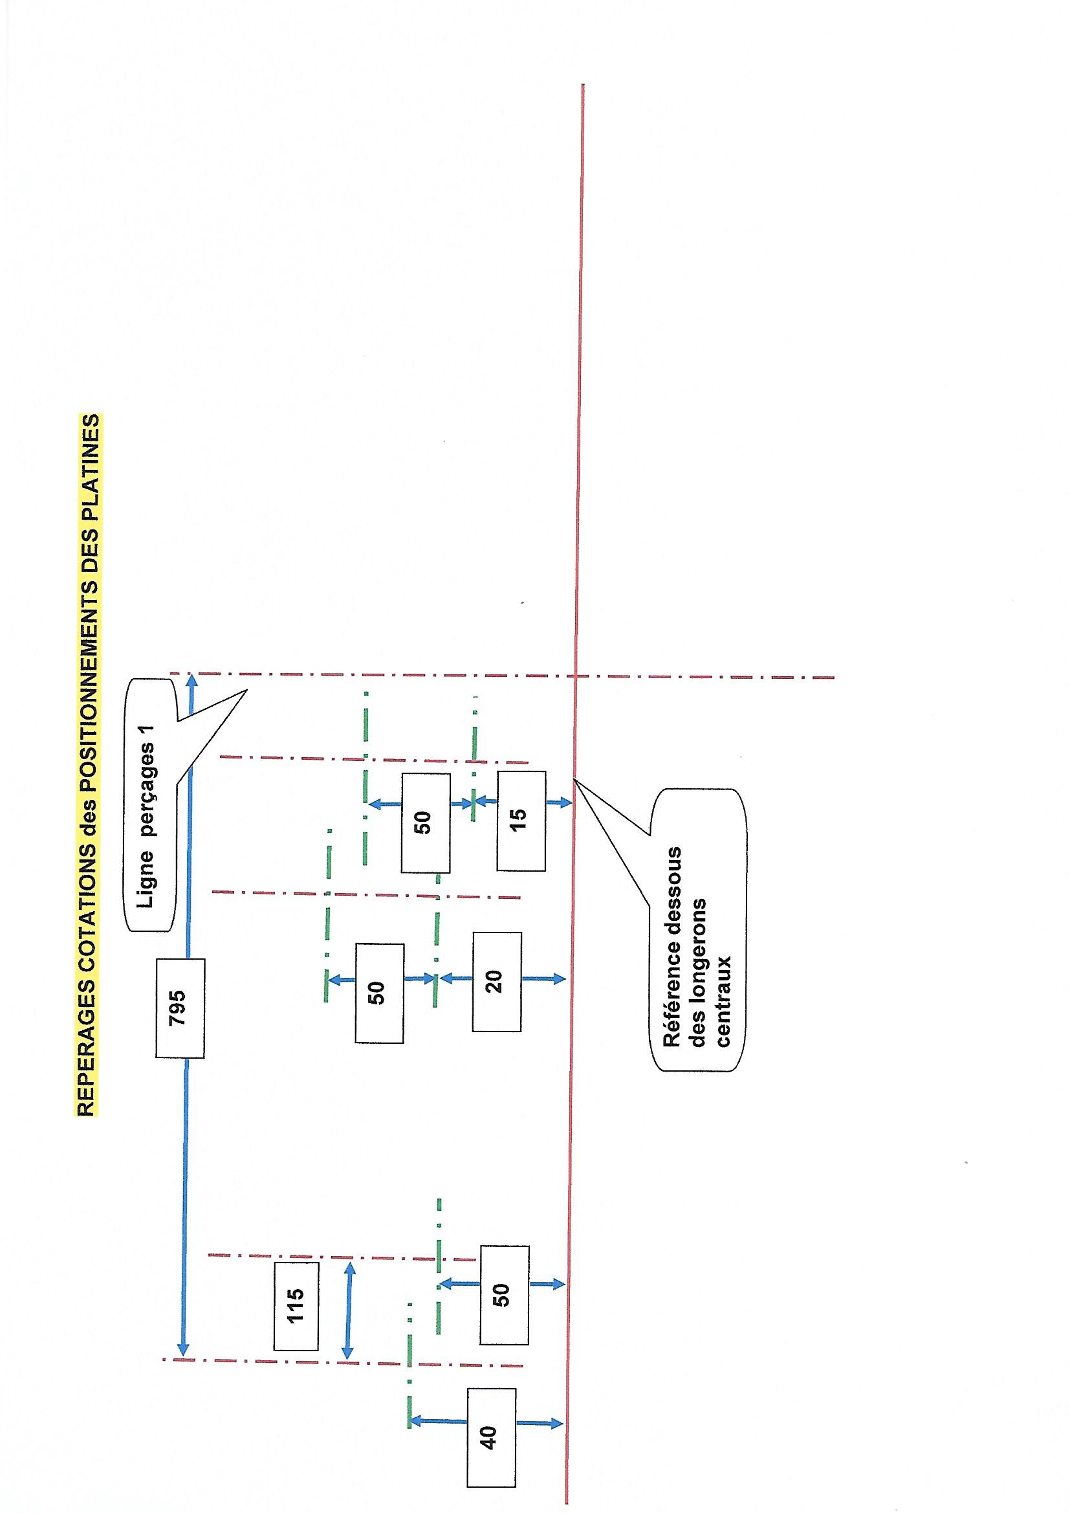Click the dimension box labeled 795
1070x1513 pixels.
click(x=180, y=1008)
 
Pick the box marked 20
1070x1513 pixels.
click(x=497, y=981)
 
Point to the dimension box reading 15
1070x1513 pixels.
click(x=521, y=820)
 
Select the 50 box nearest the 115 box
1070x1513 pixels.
click(x=504, y=1294)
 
